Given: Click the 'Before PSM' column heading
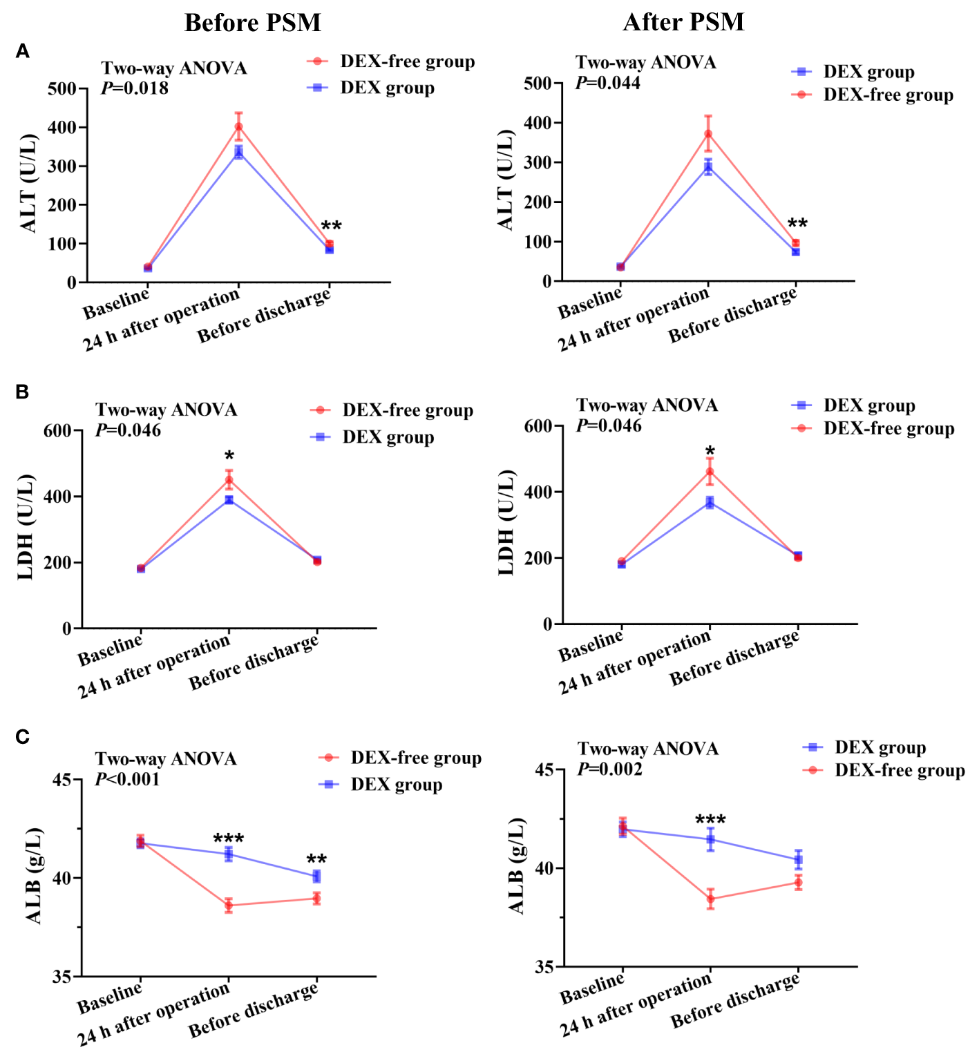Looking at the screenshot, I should (x=252, y=23).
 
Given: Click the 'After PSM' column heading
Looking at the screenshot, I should (x=683, y=22).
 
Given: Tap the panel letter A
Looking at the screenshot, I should (x=23, y=52).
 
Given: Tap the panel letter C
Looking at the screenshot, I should (x=23, y=737).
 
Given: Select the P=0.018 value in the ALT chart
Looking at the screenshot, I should (x=135, y=88).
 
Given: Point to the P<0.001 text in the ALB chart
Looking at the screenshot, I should (x=128, y=780).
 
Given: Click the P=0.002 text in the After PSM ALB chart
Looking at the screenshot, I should (x=610, y=769).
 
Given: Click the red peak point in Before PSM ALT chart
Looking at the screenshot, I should (x=238, y=126).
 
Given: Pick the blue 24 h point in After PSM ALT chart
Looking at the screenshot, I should (x=708, y=167).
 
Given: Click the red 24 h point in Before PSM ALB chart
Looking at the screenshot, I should (x=229, y=906).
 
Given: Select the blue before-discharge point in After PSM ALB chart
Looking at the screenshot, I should (x=798, y=860).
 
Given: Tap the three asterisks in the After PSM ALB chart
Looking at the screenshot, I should (x=710, y=820).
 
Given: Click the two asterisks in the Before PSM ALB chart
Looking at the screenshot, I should (x=316, y=860).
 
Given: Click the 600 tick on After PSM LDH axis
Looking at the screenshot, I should (x=538, y=426).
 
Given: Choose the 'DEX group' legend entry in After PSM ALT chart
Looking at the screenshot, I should (x=868, y=72).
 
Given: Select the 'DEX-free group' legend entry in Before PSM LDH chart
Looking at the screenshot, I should (x=407, y=410).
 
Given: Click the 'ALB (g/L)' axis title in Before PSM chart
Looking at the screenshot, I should (x=34, y=875).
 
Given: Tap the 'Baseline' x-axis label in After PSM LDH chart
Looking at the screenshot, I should (x=591, y=646).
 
